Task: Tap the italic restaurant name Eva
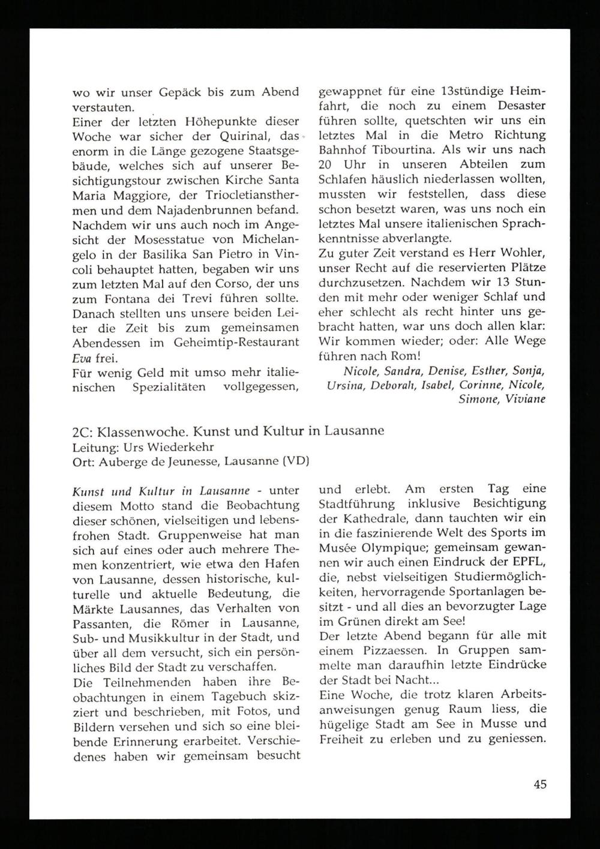tap(82, 359)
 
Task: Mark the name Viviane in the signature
tap(526, 399)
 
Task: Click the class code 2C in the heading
tap(80, 432)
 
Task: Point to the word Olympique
tap(394, 547)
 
